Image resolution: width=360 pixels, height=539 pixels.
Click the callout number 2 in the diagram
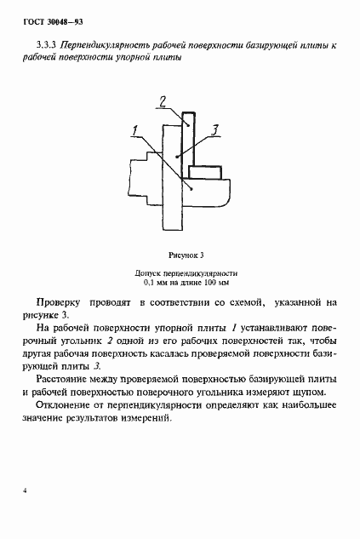tap(162, 103)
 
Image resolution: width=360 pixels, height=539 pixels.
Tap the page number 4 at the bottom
tap(26, 491)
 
